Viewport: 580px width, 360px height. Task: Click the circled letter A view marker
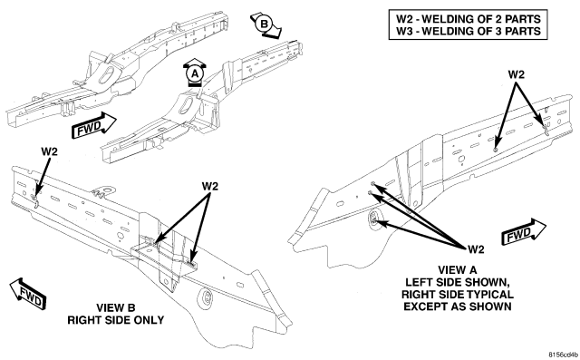point(194,73)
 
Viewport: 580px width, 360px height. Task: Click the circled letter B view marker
point(264,24)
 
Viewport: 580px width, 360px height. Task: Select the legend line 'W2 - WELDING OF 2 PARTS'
point(469,18)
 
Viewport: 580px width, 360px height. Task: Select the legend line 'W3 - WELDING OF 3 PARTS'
point(469,31)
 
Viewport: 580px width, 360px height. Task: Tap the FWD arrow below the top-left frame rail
point(94,126)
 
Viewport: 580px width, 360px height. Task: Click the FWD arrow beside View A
point(524,231)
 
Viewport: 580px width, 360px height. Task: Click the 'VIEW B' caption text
point(116,307)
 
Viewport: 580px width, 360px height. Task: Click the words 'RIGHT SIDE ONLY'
point(116,320)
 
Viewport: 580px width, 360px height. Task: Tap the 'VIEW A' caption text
point(458,270)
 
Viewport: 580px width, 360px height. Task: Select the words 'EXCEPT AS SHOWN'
point(458,306)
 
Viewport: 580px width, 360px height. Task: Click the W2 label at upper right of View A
point(516,74)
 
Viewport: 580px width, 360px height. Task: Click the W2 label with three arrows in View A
point(476,249)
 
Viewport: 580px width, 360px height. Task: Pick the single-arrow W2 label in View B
point(50,151)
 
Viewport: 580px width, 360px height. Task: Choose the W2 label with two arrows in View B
point(210,186)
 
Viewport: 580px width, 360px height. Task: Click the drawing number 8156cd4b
point(563,355)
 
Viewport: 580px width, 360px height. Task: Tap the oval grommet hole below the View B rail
point(206,297)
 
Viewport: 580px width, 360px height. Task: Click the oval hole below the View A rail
point(373,219)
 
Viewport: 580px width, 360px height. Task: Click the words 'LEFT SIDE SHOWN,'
point(458,282)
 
